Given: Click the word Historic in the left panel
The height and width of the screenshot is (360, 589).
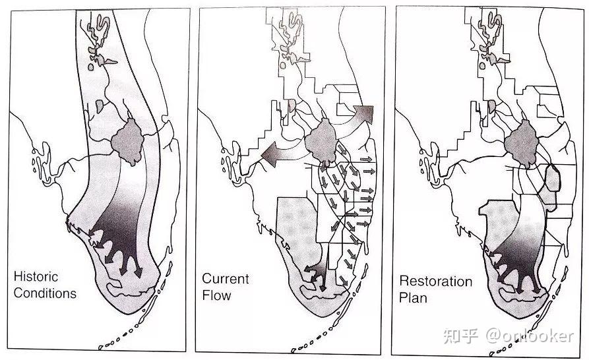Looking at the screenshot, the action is coord(36,277).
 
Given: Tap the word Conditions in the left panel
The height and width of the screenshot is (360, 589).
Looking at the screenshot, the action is coord(45,293).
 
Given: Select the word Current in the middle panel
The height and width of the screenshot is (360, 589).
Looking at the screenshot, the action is coord(226,279).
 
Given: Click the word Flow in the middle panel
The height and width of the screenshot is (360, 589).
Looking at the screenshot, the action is coord(216,295).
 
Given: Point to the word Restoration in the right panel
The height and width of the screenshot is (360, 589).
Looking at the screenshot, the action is coord(436,281).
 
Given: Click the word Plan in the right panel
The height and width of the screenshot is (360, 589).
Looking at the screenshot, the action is coord(413,298).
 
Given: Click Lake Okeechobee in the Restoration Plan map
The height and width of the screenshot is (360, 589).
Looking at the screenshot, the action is coord(521,143).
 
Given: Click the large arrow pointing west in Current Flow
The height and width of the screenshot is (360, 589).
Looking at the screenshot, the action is coord(280,153).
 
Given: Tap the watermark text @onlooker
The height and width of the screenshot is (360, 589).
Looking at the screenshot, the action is coord(530,336).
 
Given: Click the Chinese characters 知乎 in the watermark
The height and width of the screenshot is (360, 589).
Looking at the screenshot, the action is coord(460,336).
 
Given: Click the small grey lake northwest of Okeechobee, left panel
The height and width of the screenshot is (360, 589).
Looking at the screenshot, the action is coord(99,106).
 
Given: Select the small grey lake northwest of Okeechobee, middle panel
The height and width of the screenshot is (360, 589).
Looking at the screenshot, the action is coord(292,105).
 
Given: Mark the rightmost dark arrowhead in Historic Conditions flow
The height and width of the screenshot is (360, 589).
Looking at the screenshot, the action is coord(138,272).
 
